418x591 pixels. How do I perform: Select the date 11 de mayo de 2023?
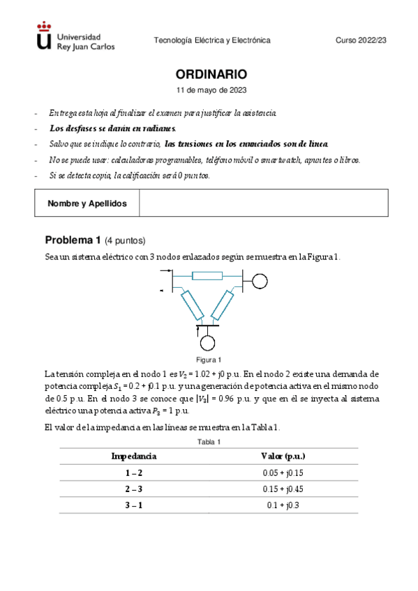click(x=211, y=91)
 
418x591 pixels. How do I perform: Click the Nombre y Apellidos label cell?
click(x=87, y=204)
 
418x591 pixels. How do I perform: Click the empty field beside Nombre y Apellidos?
click(x=263, y=204)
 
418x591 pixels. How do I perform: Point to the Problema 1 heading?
click(x=95, y=240)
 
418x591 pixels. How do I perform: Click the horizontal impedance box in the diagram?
click(x=207, y=276)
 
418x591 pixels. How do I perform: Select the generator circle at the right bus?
click(x=260, y=281)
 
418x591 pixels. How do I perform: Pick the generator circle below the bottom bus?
click(x=207, y=343)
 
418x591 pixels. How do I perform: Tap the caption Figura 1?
click(x=209, y=360)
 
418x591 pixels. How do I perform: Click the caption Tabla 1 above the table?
click(x=209, y=443)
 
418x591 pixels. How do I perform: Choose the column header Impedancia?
click(x=134, y=456)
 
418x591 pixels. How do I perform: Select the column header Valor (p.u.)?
click(x=283, y=456)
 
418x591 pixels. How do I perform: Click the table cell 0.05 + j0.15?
click(x=283, y=473)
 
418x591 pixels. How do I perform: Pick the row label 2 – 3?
click(x=134, y=489)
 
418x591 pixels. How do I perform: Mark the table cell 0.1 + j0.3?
click(x=283, y=506)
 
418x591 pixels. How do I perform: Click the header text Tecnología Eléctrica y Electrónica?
click(x=211, y=41)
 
